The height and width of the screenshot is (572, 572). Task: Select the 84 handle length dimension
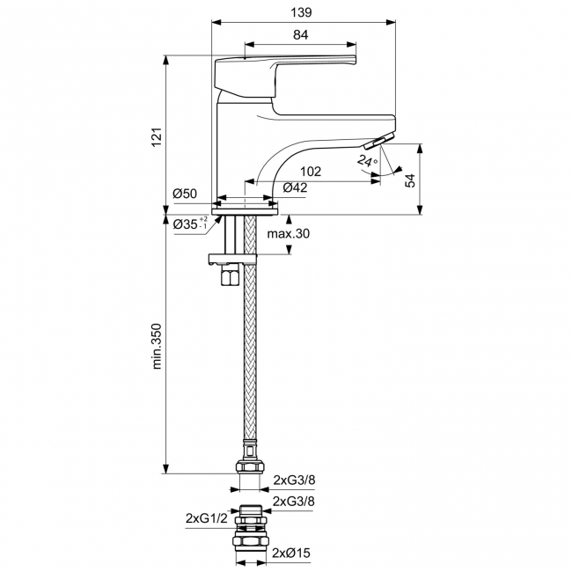[300, 34]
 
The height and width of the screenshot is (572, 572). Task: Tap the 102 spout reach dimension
[310, 172]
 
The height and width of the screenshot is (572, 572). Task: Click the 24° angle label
[366, 161]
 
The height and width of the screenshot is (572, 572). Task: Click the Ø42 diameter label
[295, 187]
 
